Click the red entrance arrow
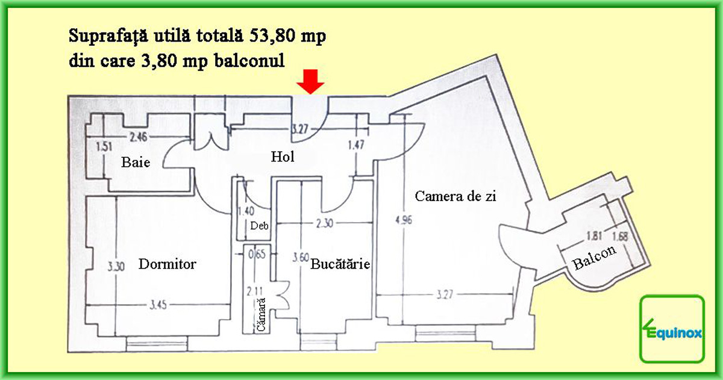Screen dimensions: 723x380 tap(310, 82)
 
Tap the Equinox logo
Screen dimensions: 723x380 tap(672, 329)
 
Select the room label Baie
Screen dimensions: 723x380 tap(136, 162)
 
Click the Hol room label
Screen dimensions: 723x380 tap(283, 157)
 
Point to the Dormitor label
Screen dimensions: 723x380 tap(167, 264)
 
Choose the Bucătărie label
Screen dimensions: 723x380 tap(340, 264)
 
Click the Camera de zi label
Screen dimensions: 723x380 tap(455, 196)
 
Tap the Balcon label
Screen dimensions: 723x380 tap(594, 257)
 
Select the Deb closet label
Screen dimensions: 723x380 tap(259, 225)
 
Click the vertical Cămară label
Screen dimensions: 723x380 tap(261, 314)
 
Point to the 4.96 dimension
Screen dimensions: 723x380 tap(404, 220)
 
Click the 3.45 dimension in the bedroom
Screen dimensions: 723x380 tap(158, 305)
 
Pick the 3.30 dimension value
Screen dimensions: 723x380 tap(116, 267)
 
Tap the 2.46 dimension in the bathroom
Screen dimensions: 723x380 tap(138, 137)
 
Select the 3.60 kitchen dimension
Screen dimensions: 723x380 tap(301, 258)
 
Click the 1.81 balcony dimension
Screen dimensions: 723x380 tap(594, 236)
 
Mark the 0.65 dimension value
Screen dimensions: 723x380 tap(257, 254)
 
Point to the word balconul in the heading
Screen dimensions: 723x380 tap(249, 60)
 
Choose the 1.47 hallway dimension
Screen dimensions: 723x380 tap(356, 145)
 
